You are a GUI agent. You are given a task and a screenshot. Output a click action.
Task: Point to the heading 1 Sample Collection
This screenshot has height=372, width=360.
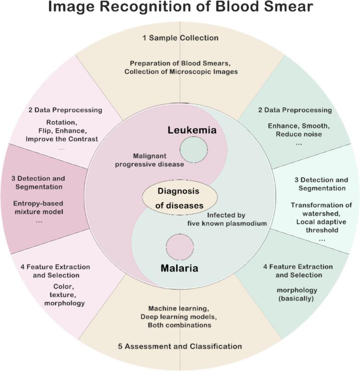(x=180, y=38)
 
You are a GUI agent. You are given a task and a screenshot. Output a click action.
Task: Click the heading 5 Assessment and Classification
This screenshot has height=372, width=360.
(x=180, y=346)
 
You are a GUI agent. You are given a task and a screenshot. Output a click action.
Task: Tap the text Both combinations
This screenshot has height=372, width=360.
(x=180, y=325)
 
